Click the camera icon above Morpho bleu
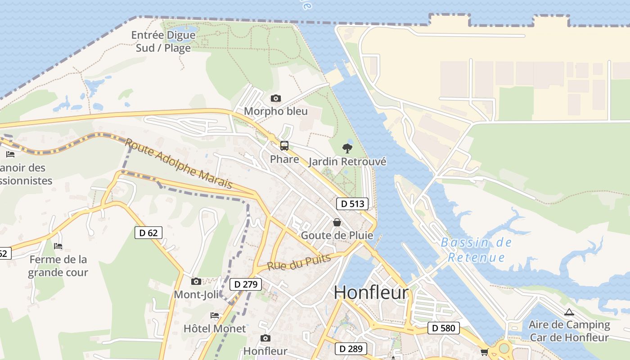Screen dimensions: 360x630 click(275, 98)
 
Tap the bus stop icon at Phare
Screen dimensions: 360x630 click(284, 146)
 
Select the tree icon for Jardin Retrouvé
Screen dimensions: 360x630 click(347, 148)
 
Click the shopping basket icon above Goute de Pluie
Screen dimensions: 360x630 click(337, 222)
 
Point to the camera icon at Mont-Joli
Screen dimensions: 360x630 click(196, 282)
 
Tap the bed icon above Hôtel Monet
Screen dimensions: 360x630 click(215, 315)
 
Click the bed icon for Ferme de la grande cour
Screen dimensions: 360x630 click(58, 246)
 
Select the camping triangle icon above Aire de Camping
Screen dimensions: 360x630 click(569, 312)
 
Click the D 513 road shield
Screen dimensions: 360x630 click(352, 204)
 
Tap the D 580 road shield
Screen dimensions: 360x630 click(443, 328)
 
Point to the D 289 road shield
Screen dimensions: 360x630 click(351, 348)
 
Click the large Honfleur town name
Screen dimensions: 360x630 click(371, 292)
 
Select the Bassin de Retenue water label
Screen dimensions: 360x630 click(476, 250)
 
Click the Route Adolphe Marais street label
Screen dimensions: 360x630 click(179, 163)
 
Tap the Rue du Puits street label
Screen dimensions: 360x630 click(299, 262)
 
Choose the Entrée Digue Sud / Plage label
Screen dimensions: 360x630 click(163, 41)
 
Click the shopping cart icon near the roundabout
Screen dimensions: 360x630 click(484, 352)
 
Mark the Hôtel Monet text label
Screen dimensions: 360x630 click(215, 328)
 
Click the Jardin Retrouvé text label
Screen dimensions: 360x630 click(347, 162)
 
